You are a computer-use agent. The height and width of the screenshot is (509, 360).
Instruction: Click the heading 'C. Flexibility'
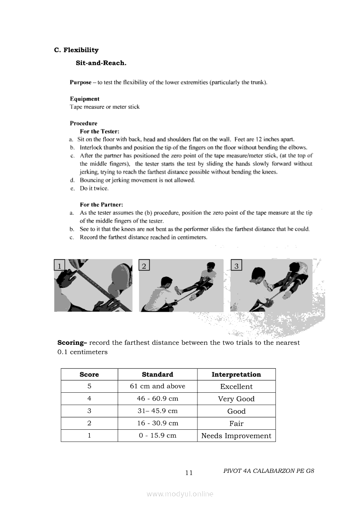76,50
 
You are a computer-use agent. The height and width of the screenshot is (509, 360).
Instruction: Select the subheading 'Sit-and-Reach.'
101,63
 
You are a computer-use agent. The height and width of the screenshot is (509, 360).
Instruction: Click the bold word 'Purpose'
81,82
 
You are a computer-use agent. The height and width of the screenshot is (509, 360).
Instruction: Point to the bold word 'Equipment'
85,99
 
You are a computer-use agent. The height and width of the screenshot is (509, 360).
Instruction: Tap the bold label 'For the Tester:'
99,131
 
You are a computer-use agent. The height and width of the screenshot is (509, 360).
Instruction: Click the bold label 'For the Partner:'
101,205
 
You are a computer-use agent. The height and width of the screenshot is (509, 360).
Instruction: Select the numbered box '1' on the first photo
59,265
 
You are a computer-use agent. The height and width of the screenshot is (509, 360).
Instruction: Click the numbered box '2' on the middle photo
144,265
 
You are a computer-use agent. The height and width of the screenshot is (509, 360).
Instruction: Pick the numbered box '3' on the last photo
236,265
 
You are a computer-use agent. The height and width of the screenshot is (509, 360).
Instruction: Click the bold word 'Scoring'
72,343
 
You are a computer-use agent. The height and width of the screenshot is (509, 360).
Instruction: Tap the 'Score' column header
89,374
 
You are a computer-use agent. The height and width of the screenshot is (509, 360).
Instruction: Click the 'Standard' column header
157,374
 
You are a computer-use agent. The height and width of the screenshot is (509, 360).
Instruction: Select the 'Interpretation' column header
236,374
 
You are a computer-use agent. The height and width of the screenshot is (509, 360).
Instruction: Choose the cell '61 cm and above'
157,387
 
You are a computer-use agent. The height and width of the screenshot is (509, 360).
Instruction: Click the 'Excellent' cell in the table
236,387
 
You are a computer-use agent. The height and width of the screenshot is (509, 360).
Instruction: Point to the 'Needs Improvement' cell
236,436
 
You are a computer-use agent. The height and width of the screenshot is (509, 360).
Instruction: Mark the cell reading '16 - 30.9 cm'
157,423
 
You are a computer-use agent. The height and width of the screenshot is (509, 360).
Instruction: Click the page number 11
189,473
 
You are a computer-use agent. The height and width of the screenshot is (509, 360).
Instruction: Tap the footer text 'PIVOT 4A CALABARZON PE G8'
268,471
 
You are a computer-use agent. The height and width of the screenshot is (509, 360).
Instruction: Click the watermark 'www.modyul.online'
180,494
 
